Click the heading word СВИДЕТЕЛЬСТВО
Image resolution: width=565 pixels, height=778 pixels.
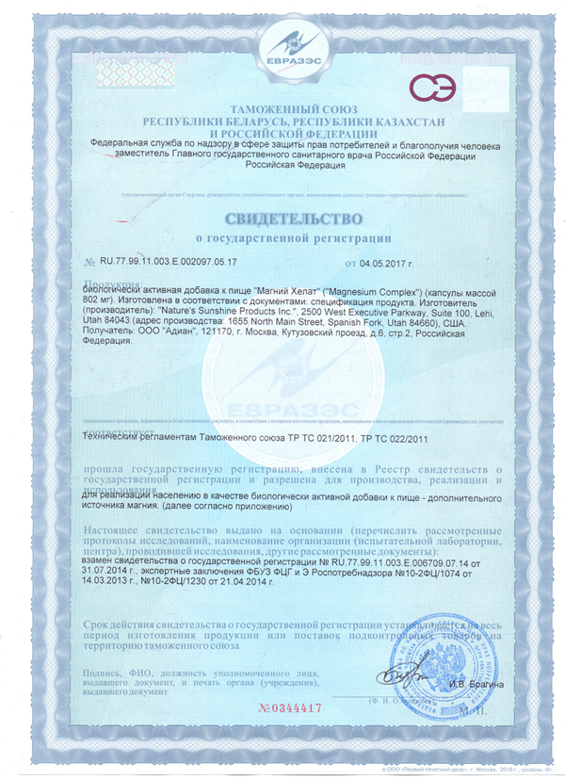point(282,219)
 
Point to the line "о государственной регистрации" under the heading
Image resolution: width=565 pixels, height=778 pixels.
point(282,238)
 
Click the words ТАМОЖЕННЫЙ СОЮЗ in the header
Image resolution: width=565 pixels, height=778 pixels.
point(282,110)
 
